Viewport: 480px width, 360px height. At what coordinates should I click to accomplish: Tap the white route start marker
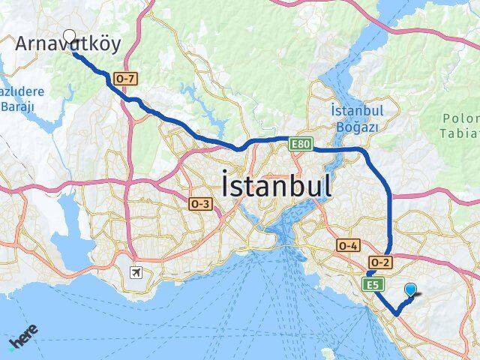[x=70, y=34]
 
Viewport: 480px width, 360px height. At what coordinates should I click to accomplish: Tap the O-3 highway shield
[x=201, y=204]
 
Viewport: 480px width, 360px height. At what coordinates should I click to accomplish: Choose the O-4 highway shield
[x=349, y=245]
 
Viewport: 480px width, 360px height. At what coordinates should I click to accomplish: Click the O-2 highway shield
[x=380, y=262]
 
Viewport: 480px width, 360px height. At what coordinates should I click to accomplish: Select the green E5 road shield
[x=373, y=284]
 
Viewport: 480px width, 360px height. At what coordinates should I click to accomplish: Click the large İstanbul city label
[x=276, y=184]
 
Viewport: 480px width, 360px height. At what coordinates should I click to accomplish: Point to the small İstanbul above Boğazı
[x=357, y=110]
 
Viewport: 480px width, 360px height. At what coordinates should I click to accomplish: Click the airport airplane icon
[x=136, y=271]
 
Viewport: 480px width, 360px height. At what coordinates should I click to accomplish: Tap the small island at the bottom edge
[x=327, y=351]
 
